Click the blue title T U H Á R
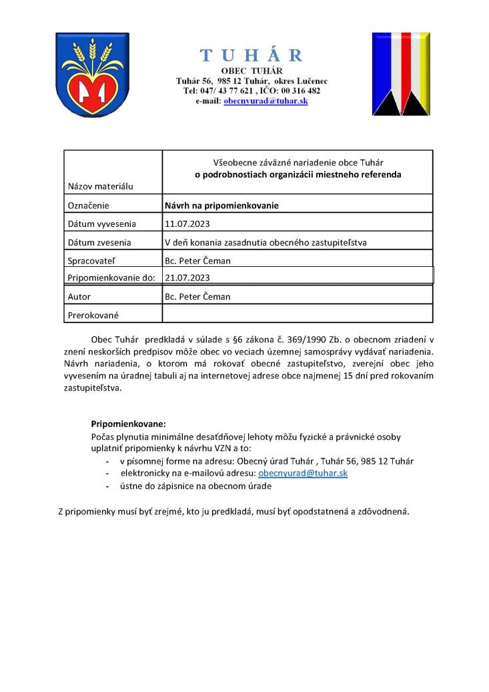pos(252,55)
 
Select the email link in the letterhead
pos(266,100)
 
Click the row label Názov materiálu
pos(100,186)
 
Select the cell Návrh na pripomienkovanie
pos(221,206)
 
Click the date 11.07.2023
pos(187,224)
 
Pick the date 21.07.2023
pos(187,278)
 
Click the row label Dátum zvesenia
pos(99,242)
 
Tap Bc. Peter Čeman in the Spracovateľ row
pos(197,260)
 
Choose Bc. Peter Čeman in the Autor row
pos(197,296)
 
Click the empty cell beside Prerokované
pos(297,314)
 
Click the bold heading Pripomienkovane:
pos(127,424)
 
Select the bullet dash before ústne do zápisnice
pos(107,486)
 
